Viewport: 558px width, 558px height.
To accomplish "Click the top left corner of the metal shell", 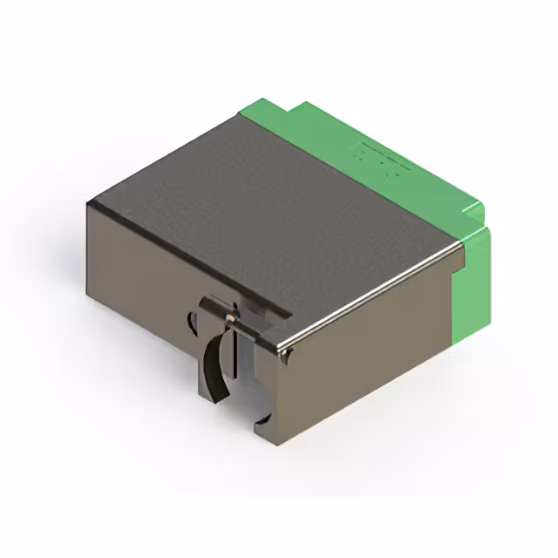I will coord(88,202).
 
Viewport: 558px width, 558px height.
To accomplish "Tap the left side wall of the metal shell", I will coord(139,279).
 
